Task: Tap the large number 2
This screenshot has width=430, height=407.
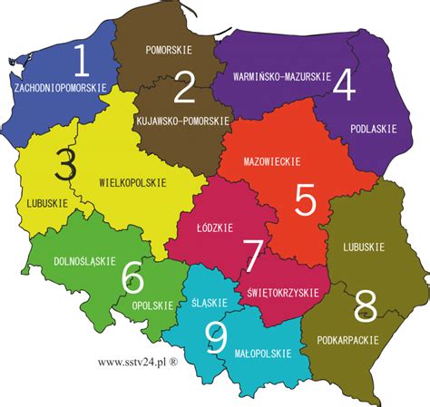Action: (x=184, y=88)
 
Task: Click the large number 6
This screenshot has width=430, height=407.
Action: (x=132, y=276)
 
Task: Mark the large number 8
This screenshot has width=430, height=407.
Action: (x=366, y=301)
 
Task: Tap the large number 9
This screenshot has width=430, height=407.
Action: (x=216, y=337)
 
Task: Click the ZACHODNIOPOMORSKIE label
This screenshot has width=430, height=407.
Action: (x=61, y=88)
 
